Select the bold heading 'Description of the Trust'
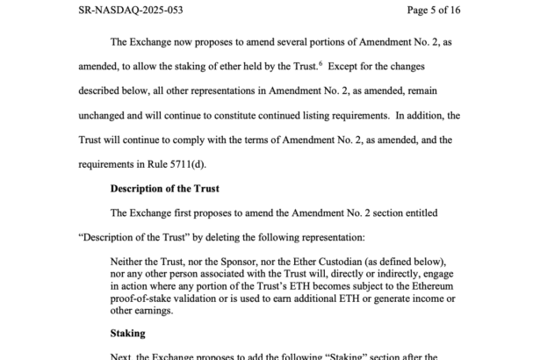tap(163, 188)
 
